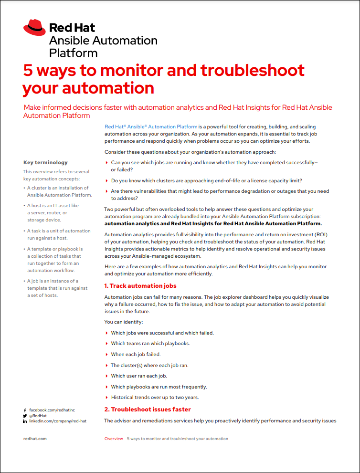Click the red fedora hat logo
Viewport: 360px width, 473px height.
(x=34, y=28)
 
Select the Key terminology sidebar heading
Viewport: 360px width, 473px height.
(x=45, y=162)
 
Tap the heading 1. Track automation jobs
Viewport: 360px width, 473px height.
(x=140, y=286)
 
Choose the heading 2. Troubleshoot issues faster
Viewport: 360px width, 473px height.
(x=148, y=410)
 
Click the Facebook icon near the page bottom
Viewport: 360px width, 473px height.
(x=25, y=410)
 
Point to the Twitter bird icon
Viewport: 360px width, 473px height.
(x=25, y=416)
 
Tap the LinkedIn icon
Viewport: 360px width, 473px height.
(x=25, y=421)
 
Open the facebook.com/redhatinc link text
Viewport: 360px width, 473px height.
(x=52, y=410)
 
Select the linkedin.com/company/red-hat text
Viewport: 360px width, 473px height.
(x=58, y=421)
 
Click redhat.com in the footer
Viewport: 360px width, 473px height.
(x=35, y=439)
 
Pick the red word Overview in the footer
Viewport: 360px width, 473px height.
(x=114, y=439)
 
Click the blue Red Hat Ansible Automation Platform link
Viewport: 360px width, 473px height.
(x=151, y=126)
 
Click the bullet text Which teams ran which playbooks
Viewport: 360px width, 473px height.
(x=150, y=344)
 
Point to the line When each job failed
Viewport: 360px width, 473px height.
(x=136, y=355)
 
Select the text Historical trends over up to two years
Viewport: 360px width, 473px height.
(x=155, y=398)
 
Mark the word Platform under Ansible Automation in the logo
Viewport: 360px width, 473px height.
(x=74, y=53)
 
